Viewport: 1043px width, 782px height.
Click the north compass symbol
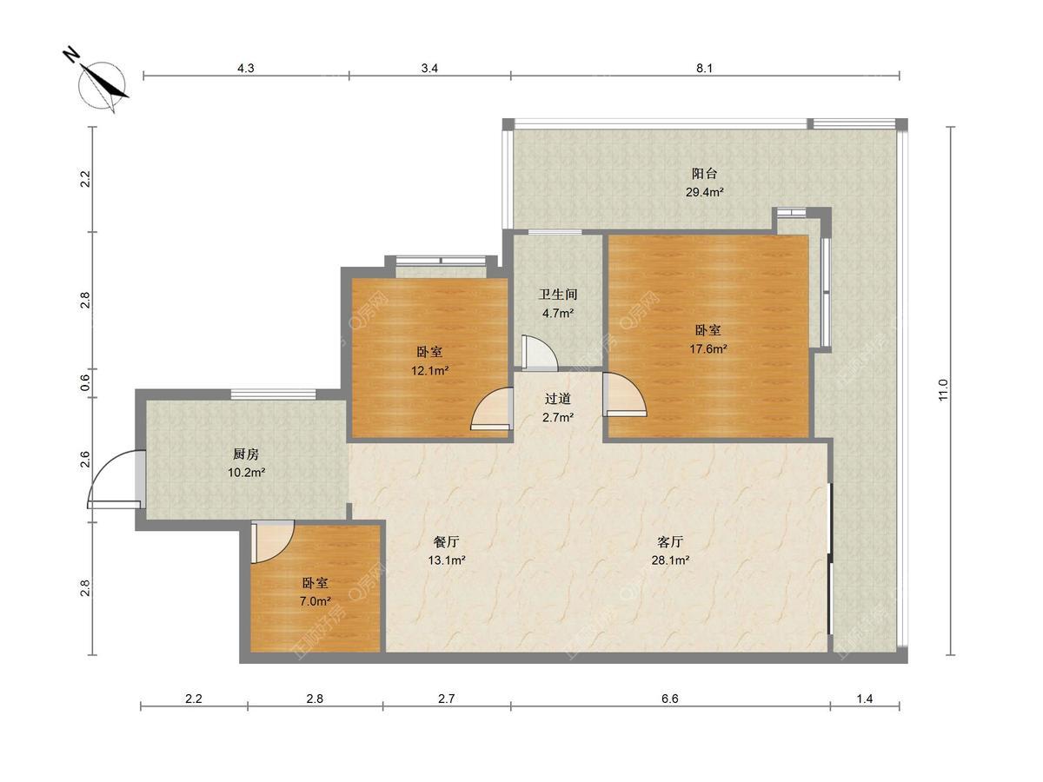(x=102, y=84)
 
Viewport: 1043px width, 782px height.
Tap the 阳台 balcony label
(x=704, y=173)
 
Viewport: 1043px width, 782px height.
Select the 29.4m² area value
(x=704, y=192)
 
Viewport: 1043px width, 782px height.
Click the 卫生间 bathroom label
(x=557, y=295)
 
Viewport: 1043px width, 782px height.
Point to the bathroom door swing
(x=540, y=354)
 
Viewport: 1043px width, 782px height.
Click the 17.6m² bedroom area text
(x=708, y=349)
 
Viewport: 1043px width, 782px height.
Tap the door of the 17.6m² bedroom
(x=624, y=395)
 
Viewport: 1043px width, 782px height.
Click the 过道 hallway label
(x=557, y=399)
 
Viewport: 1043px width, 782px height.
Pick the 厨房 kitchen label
(x=246, y=454)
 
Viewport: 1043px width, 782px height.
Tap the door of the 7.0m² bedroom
(x=272, y=541)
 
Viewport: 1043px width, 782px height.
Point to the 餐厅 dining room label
(x=446, y=541)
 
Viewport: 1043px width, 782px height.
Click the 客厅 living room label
(x=670, y=541)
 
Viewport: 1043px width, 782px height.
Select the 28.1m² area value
(x=670, y=560)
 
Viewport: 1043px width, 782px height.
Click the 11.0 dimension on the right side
(x=943, y=390)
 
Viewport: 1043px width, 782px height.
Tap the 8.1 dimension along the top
(x=704, y=69)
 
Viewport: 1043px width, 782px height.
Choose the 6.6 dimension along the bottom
(x=669, y=699)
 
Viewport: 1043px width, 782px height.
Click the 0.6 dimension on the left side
(x=84, y=382)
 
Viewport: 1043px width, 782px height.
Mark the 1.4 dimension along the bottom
(x=864, y=699)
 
